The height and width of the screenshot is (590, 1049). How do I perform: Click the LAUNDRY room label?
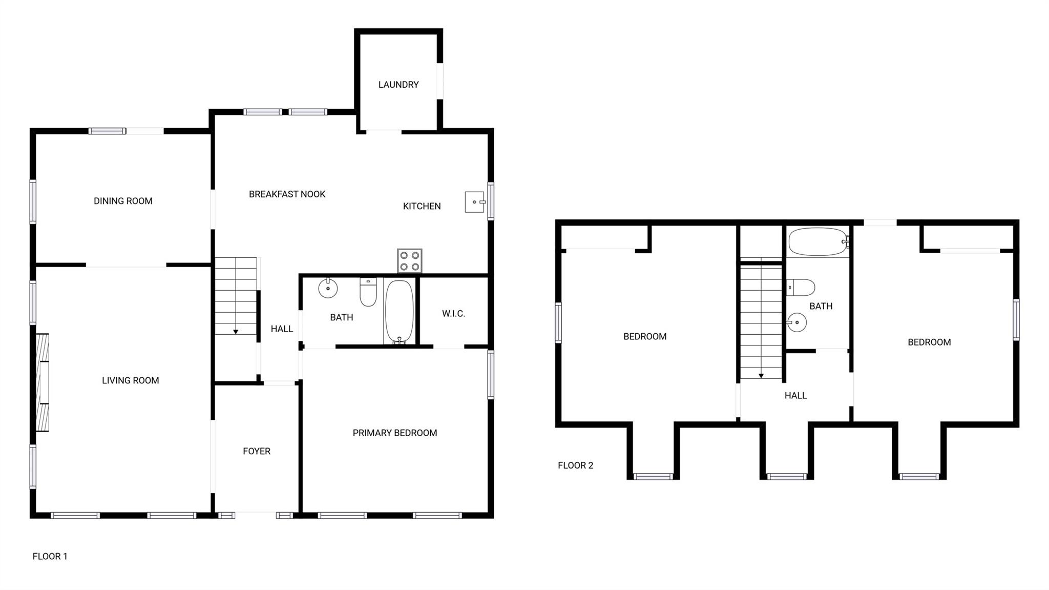point(398,85)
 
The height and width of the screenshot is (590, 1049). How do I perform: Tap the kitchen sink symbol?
point(475,202)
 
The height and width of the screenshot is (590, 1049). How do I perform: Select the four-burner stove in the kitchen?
point(410,261)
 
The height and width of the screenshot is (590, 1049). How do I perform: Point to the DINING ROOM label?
point(123,201)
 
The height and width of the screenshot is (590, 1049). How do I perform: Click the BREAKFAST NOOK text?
point(287,194)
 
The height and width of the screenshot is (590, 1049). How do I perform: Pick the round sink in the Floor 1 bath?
point(328,288)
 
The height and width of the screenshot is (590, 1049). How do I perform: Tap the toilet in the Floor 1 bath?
point(368,292)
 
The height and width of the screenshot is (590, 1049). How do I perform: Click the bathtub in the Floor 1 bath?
point(399,312)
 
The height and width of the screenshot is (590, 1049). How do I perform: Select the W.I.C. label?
point(454,314)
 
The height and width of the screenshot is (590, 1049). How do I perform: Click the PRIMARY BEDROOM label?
point(395,433)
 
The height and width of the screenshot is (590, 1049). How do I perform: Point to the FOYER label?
point(257,452)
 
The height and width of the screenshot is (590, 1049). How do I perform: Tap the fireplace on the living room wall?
point(43,382)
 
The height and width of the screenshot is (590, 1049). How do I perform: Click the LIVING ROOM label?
point(131,380)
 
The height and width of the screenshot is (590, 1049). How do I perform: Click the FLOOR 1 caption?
point(50,556)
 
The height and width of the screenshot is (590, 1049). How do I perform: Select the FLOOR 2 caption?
point(576,465)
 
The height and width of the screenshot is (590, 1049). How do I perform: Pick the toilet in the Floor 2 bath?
point(801,288)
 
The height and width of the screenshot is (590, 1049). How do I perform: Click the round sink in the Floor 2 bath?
point(796,323)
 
